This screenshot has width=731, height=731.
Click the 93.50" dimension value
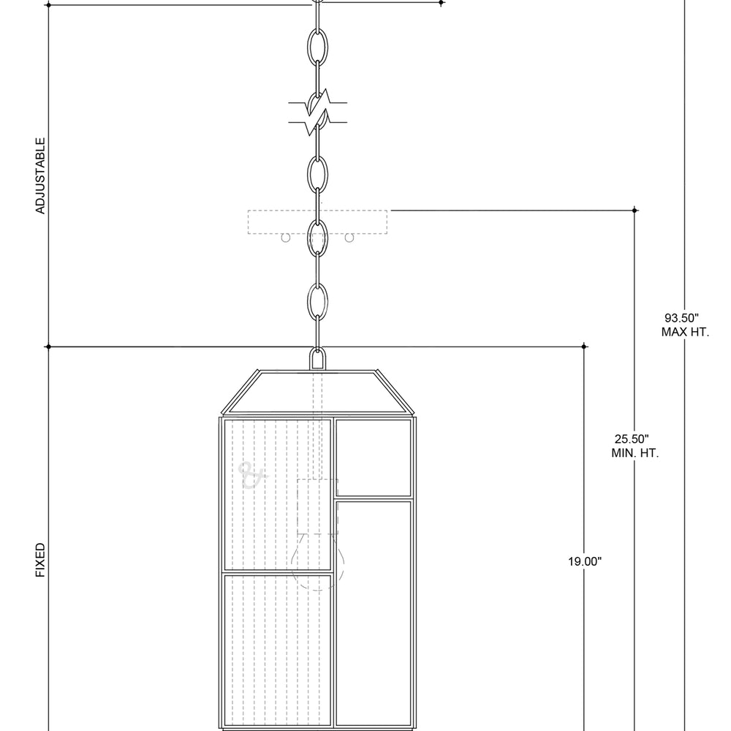[681, 318]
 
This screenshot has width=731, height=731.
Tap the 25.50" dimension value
[632, 439]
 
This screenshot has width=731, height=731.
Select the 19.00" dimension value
[585, 561]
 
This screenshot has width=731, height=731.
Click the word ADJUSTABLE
[40, 175]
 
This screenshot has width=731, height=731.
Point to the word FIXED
[40, 560]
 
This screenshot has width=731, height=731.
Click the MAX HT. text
[685, 333]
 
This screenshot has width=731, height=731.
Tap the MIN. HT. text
[635, 453]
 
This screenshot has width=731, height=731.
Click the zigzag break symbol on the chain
[317, 113]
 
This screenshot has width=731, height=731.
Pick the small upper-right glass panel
[374, 458]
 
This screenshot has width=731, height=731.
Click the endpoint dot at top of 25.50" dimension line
[635, 211]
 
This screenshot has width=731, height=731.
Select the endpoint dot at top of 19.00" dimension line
[584, 346]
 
